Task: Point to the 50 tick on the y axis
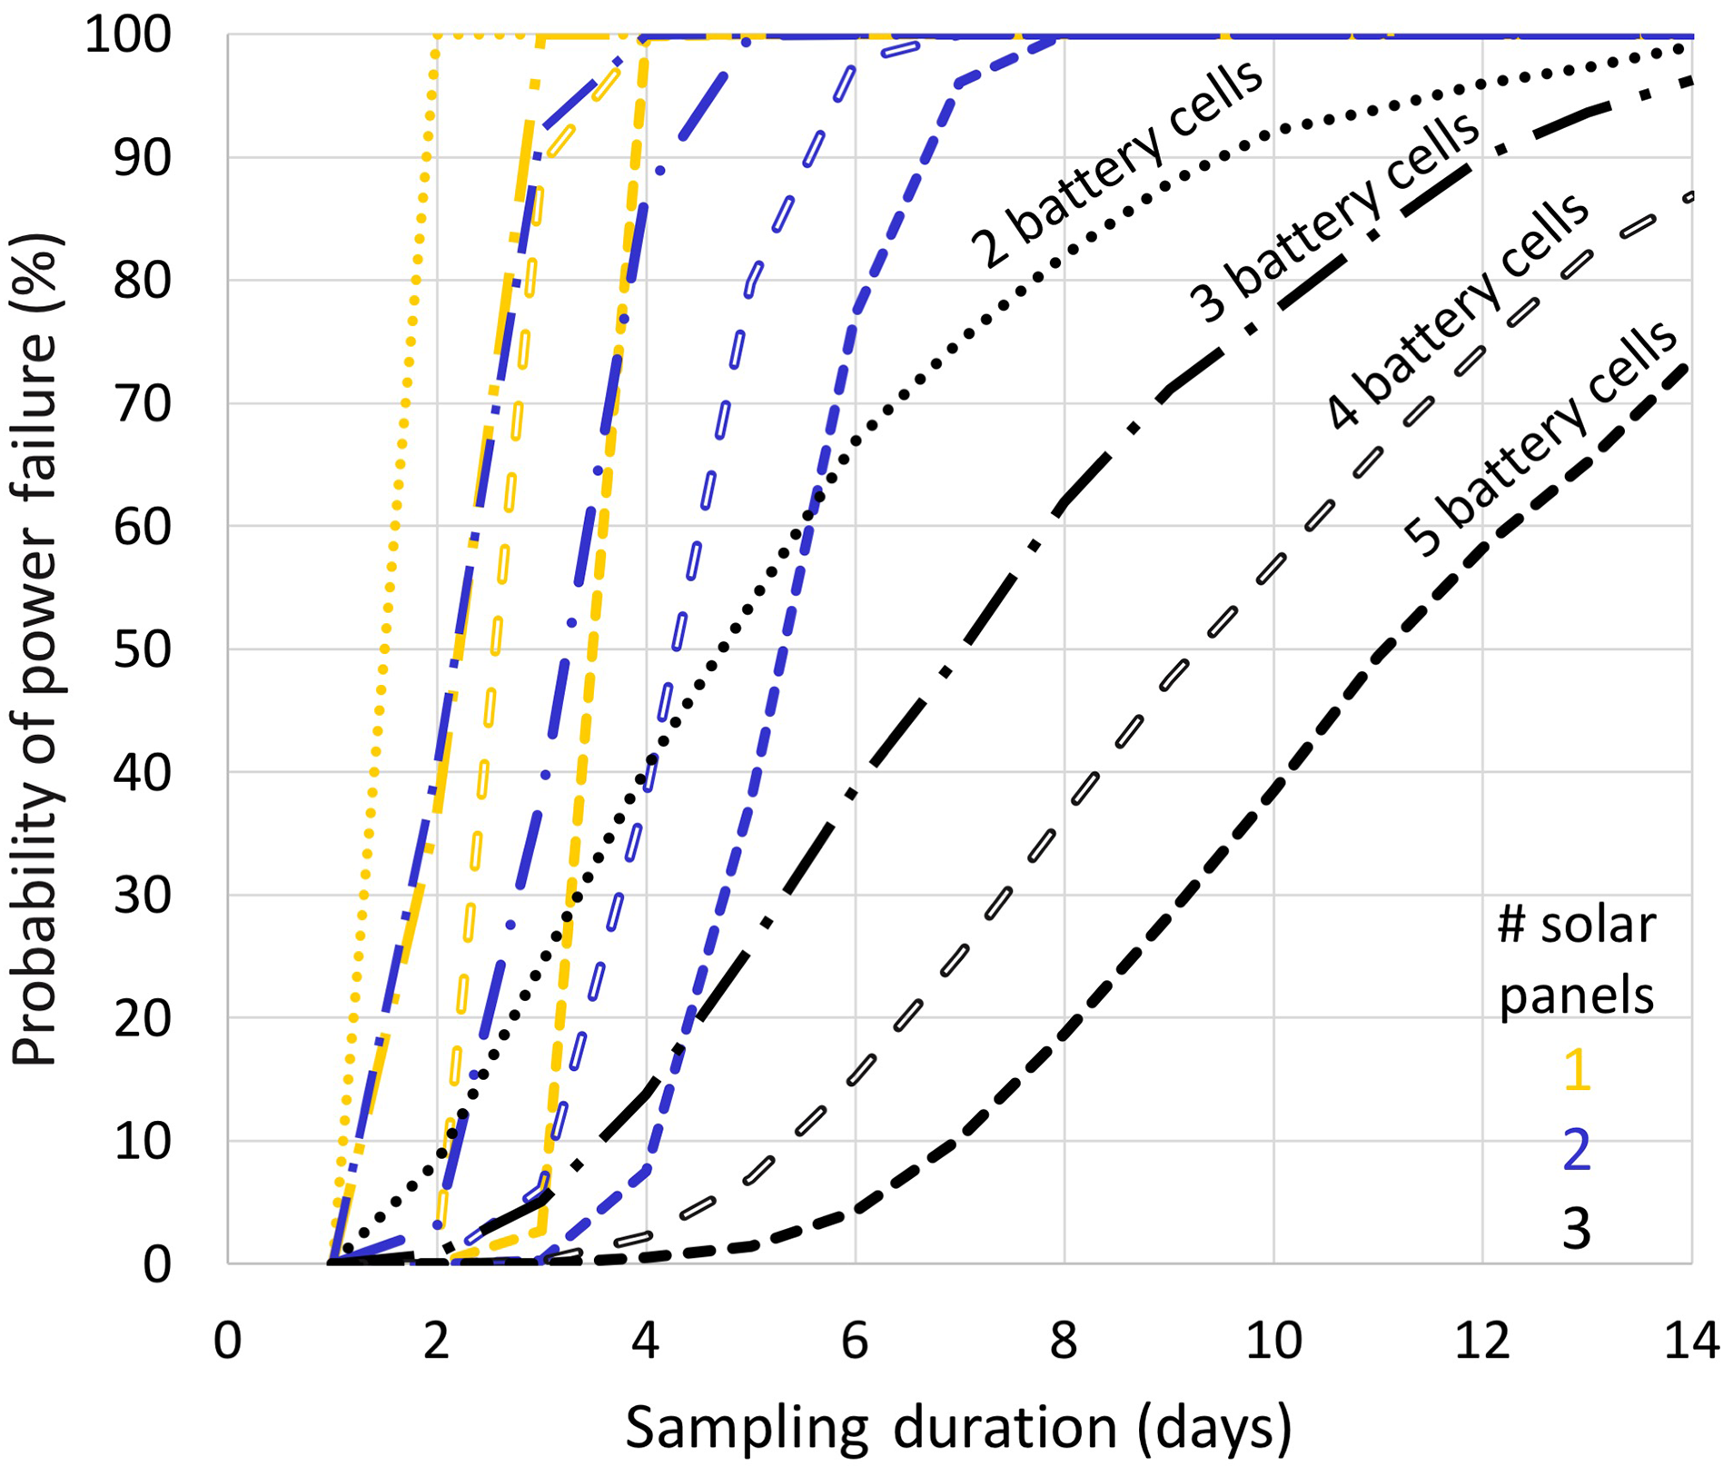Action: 143,650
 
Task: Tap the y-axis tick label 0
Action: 156,1264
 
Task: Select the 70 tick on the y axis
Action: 143,404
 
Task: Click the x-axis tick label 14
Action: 1690,1341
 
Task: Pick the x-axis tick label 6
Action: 855,1341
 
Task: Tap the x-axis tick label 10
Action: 1273,1341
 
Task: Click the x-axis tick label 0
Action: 228,1341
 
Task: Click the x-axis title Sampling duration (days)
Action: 958,1427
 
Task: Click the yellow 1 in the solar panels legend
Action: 1577,1069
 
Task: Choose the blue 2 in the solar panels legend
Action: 1577,1149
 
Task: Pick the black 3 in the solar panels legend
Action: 1577,1228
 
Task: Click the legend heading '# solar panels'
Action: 1577,960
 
